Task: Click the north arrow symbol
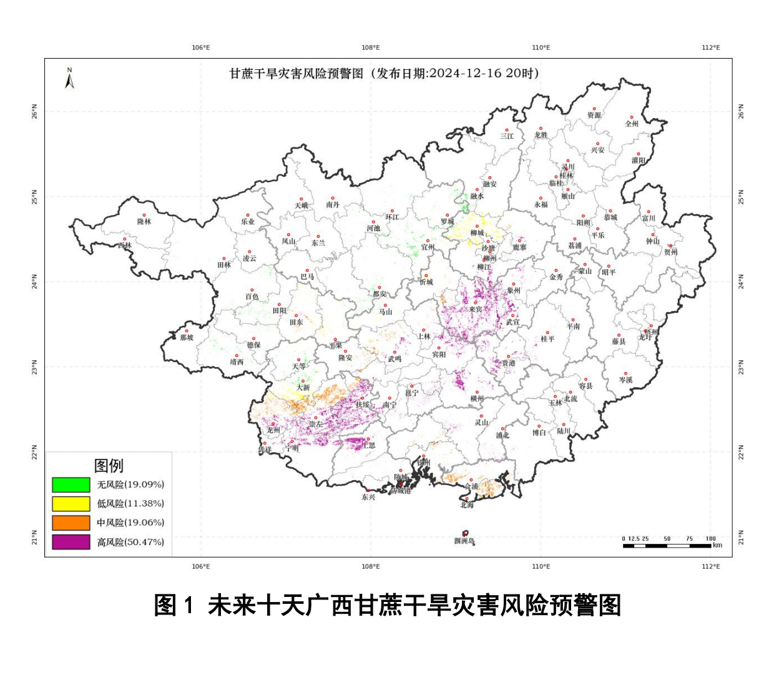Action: tap(70, 79)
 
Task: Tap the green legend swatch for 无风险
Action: tap(71, 485)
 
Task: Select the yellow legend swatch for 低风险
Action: tap(71, 503)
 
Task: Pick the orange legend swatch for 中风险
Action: tap(71, 523)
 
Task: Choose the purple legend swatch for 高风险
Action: tap(71, 542)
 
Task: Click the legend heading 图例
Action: tap(109, 466)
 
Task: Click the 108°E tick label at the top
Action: tap(371, 47)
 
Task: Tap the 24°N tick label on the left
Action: tap(34, 282)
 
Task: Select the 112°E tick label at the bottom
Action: tap(711, 567)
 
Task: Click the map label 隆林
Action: tap(144, 222)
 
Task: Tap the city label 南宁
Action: tap(389, 405)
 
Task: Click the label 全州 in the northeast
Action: tap(632, 124)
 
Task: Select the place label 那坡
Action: tap(187, 338)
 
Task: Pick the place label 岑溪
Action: tap(625, 380)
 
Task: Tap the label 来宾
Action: tap(475, 309)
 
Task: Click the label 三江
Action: tap(507, 136)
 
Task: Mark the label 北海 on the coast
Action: tap(467, 505)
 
